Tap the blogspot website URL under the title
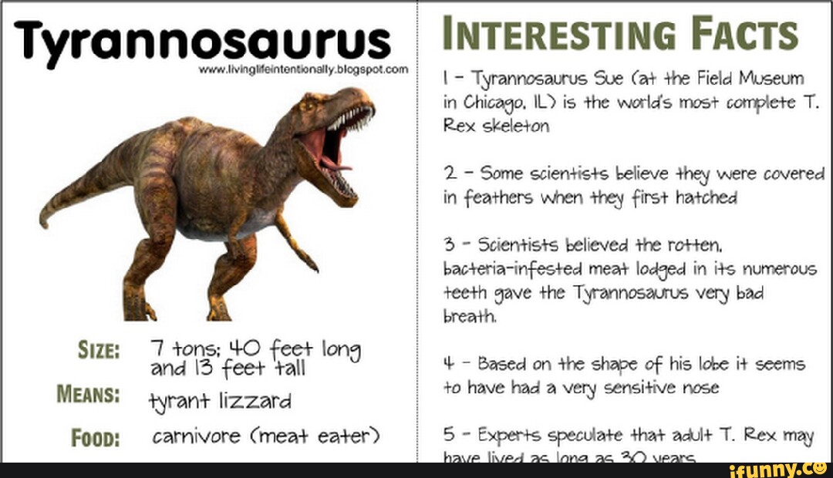(x=303, y=69)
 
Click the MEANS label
(x=87, y=396)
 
